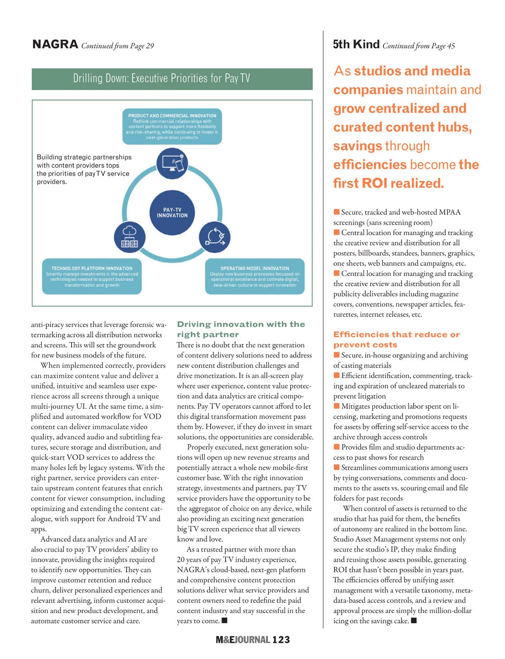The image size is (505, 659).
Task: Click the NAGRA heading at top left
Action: [x=55, y=44]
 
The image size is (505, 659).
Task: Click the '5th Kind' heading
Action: [x=356, y=44]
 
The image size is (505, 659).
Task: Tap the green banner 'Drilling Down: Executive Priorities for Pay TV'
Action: [x=172, y=79]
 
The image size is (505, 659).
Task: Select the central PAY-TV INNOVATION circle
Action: [x=172, y=212]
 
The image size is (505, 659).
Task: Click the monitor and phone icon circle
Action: [x=172, y=163]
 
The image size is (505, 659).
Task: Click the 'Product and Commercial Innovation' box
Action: [x=172, y=126]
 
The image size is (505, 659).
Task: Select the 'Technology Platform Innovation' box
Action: [x=92, y=276]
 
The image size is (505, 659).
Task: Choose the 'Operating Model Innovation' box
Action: [x=255, y=276]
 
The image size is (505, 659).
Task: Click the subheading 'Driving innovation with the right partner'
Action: [x=241, y=329]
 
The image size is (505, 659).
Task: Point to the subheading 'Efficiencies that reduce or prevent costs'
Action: [x=396, y=339]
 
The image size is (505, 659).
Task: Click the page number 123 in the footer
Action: [x=281, y=640]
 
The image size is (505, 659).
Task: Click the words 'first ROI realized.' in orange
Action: [x=388, y=183]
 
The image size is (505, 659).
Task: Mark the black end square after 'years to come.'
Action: [x=225, y=620]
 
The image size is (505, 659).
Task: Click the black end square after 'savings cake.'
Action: [x=414, y=620]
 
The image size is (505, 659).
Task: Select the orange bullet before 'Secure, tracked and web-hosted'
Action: [x=337, y=212]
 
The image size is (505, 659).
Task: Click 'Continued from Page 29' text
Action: [x=117, y=46]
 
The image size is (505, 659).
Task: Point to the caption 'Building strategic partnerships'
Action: [x=84, y=157]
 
